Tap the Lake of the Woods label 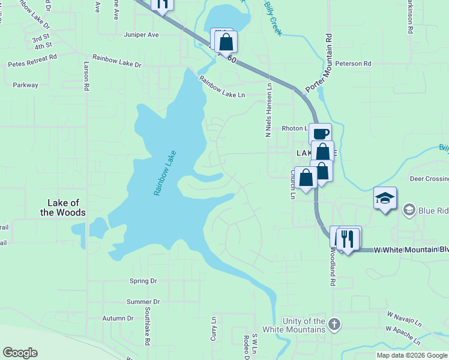tap(63, 208)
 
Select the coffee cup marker tap(321, 133)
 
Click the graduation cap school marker tap(384, 197)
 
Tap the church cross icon tap(334, 325)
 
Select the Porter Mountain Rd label tap(319, 63)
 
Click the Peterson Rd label tap(354, 63)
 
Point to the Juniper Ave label tap(141, 35)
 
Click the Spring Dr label tap(143, 280)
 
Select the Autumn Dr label tap(117, 318)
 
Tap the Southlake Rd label tap(146, 328)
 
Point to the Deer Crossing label tap(429, 179)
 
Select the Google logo tap(20, 353)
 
